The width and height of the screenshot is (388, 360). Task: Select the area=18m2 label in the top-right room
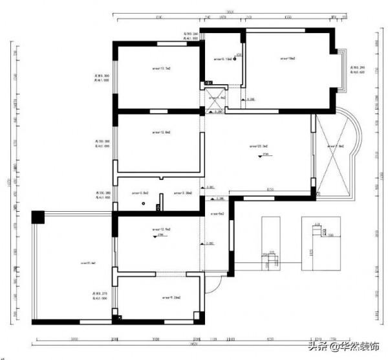pos(288,58)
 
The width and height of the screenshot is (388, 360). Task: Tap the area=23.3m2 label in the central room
pos(259,146)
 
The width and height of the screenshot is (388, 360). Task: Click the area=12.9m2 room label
pos(160,229)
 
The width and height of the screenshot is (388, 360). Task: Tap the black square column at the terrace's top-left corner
pos(38,216)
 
